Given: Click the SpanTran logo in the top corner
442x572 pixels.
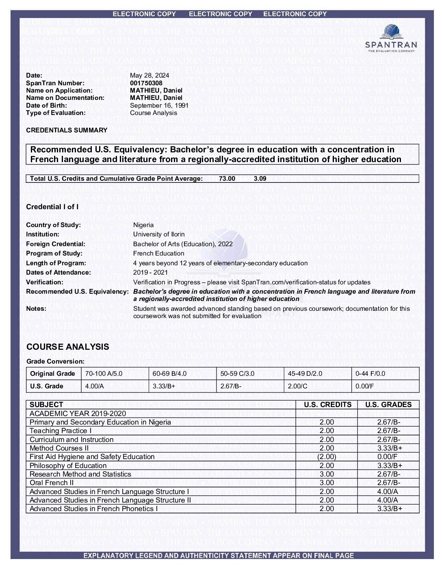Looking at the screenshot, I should [391, 38].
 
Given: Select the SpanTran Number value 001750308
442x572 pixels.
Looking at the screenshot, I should [146, 83].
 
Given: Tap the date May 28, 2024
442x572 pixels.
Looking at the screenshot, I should [149, 75].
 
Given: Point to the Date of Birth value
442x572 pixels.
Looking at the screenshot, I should [159, 105].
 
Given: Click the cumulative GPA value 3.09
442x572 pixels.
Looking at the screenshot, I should [260, 178].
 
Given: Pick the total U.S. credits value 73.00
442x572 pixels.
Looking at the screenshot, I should [227, 178].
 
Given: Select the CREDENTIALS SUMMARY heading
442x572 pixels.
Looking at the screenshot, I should [67, 130].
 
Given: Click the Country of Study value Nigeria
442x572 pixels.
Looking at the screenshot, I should [143, 225].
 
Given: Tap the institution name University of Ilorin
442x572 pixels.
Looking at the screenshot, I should [158, 234].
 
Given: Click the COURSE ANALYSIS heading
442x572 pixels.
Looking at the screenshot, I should [67, 347].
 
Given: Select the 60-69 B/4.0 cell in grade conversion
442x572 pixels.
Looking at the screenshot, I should [169, 373].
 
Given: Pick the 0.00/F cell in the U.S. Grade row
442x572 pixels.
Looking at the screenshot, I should [364, 386].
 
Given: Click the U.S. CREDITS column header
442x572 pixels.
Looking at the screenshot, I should [327, 405].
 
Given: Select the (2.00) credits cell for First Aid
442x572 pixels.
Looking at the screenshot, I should [327, 457].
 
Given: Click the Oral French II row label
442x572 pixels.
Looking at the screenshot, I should [52, 483].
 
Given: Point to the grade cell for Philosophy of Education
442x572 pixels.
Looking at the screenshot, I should [389, 466].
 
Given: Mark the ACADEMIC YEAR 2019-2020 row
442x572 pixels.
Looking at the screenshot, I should [78, 413].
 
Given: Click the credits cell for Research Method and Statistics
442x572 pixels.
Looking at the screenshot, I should [327, 474].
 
